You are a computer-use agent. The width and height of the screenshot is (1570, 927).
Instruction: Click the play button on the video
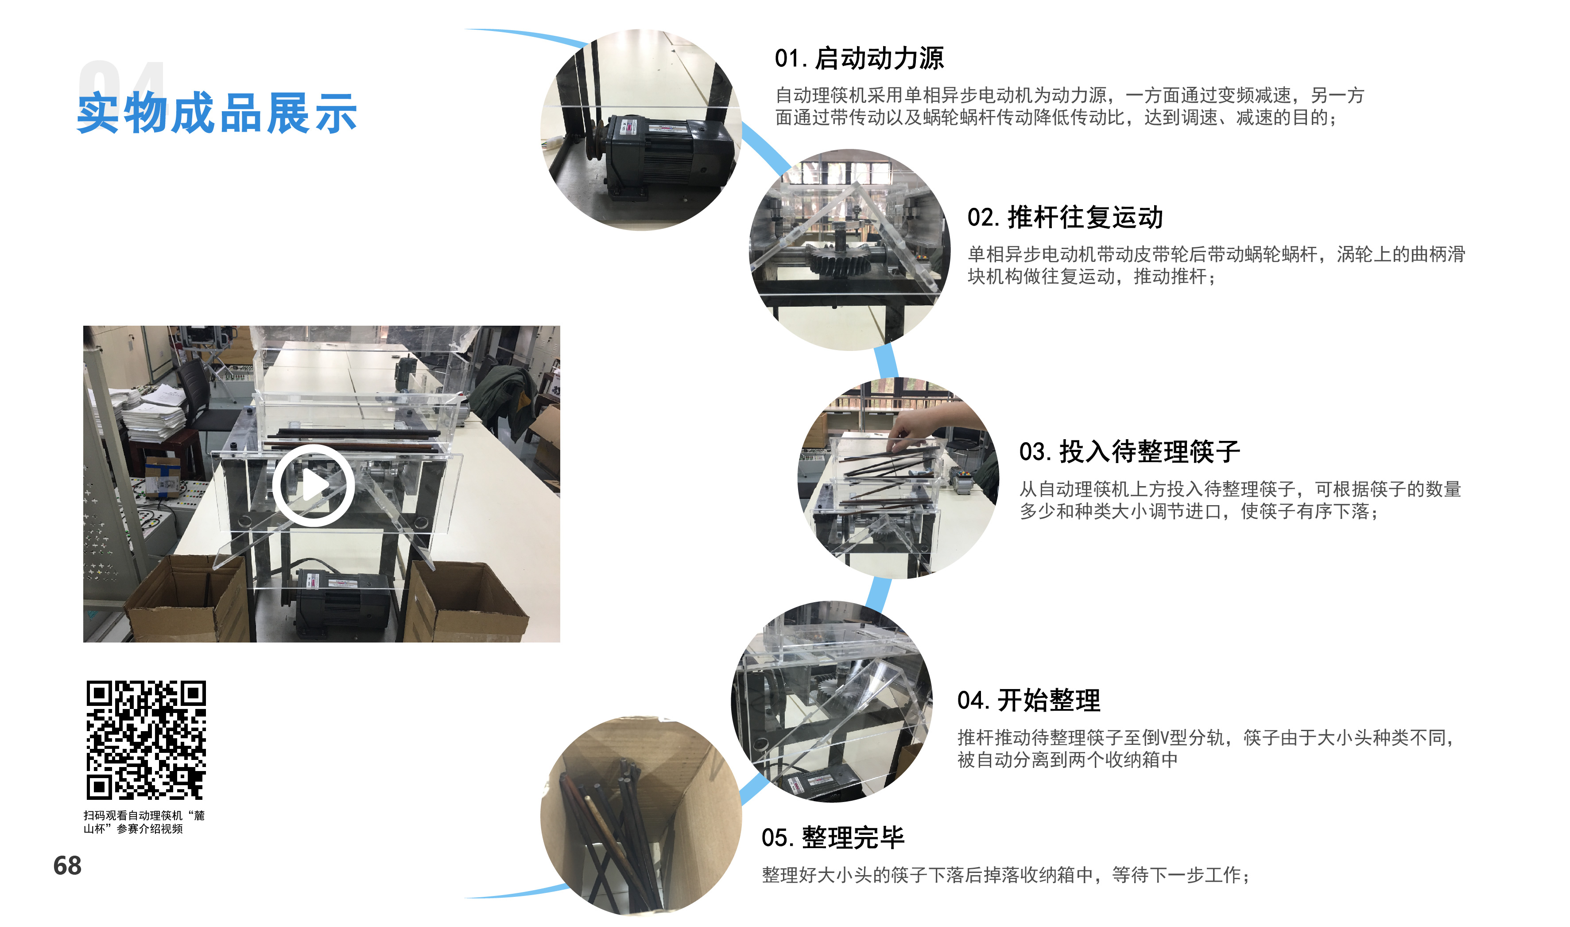coord(314,485)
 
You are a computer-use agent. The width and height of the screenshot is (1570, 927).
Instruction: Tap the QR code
coord(146,740)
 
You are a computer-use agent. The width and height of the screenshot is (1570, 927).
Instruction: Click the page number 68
coord(67,866)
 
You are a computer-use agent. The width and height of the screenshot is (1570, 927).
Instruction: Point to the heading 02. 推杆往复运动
coord(1065,218)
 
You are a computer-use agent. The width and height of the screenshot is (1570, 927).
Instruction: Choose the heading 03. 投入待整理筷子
coord(1129,452)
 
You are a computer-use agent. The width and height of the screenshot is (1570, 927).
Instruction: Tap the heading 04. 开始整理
coord(1029,700)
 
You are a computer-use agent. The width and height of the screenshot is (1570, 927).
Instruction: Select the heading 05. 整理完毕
coord(833,837)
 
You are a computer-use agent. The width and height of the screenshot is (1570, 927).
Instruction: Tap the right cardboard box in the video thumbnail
coord(465,603)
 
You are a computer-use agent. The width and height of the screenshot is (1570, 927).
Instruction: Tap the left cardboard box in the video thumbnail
coord(187,600)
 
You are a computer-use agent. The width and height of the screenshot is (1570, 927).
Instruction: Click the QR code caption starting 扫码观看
coord(143,822)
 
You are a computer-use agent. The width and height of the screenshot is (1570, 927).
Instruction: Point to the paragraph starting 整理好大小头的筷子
coord(1005,875)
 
